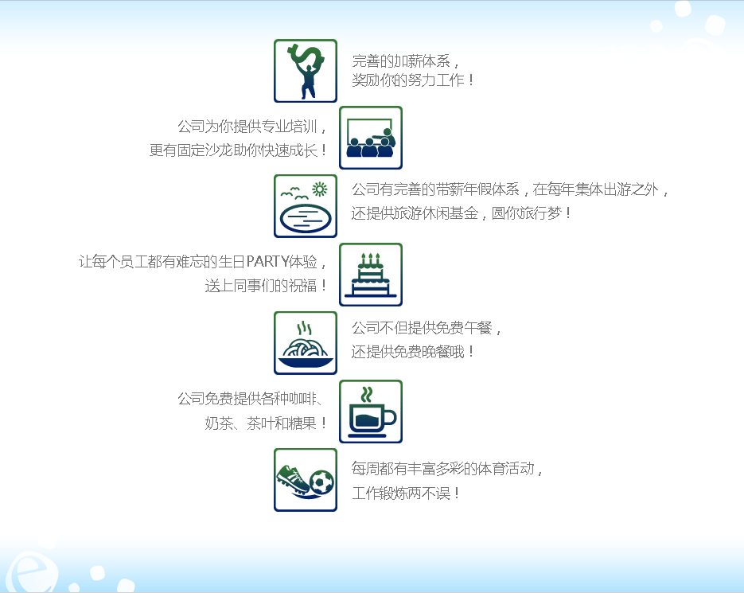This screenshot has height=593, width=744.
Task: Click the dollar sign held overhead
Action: [307, 57]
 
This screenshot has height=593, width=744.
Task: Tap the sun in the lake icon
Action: [319, 189]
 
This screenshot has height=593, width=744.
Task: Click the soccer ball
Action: [321, 482]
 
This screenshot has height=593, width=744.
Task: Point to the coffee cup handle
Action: [390, 417]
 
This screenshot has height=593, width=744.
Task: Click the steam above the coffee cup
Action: [366, 395]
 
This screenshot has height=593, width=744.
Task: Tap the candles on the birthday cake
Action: [371, 259]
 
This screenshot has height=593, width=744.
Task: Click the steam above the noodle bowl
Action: [304, 328]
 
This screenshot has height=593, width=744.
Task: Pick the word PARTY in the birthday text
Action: [267, 261]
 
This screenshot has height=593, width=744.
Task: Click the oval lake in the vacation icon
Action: [305, 217]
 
